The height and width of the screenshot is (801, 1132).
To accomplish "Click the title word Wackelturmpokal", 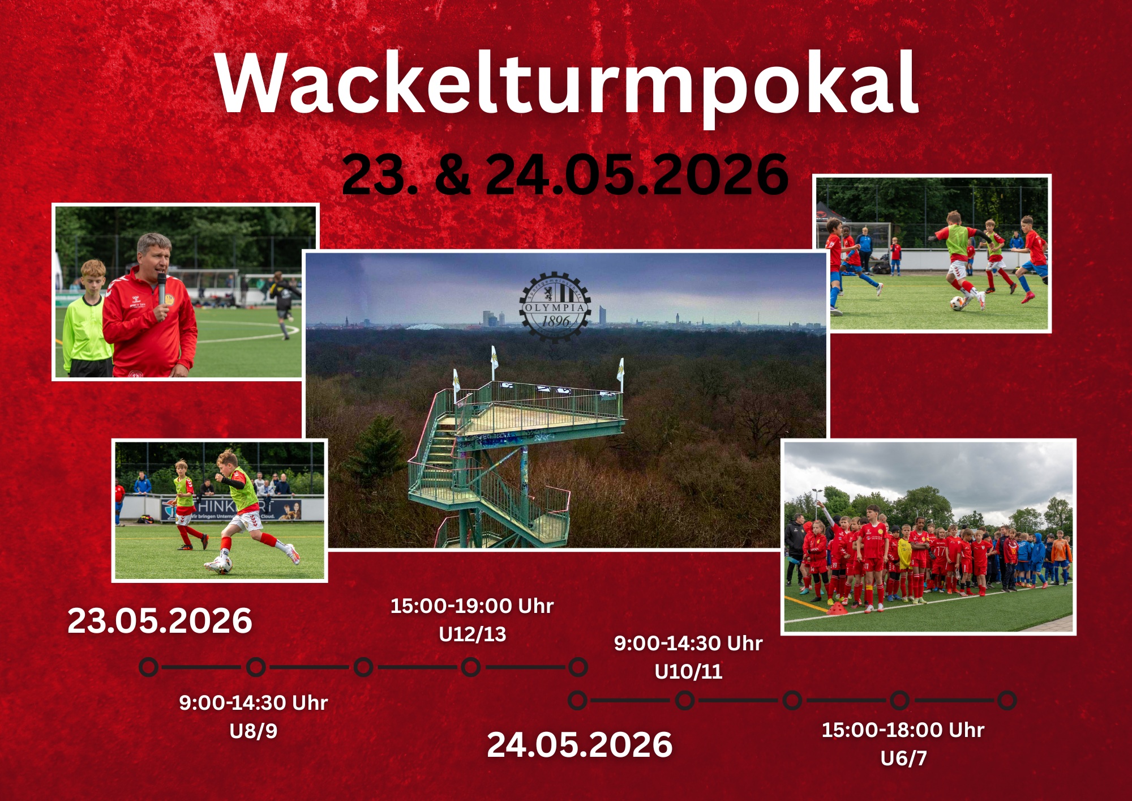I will point(566,84).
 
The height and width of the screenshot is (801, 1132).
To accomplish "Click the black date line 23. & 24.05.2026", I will point(565,174).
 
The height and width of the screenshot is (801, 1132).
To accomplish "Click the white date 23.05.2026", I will point(160,621).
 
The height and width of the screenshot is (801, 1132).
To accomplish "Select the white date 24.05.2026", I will point(580,744).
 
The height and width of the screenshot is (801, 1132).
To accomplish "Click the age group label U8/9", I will point(253,731).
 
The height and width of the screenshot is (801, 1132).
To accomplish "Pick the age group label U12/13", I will point(472,634).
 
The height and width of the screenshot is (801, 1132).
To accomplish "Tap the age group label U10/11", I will point(688,671).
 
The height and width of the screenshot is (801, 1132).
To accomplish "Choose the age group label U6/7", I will point(903,757).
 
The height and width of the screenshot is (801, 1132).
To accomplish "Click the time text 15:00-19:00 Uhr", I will point(472,606).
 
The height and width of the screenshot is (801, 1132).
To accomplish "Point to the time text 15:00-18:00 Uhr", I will point(903,730).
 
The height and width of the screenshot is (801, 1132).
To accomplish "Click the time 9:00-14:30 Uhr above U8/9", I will point(253,703).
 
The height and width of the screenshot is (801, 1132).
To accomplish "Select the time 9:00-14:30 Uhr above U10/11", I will point(688,644).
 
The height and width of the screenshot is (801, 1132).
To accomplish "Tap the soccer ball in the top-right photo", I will point(957,303).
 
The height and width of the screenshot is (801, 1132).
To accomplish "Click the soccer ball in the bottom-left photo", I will point(222,564).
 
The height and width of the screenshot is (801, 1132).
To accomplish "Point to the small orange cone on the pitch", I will point(838,608).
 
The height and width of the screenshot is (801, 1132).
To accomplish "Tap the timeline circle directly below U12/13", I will point(470,667).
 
